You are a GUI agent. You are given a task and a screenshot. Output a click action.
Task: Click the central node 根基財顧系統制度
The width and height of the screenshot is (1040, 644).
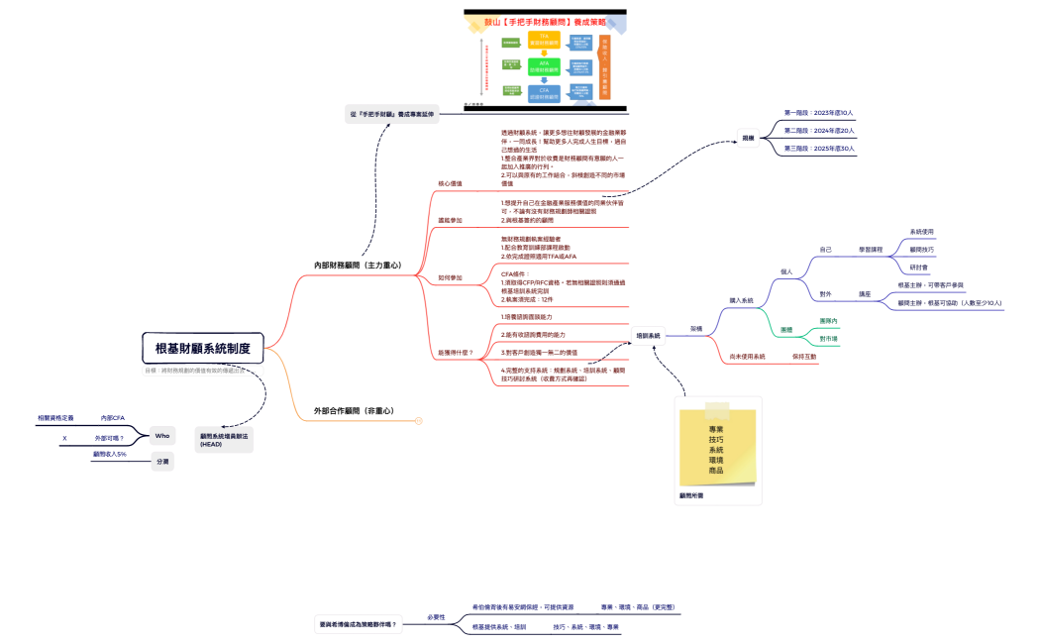pyautogui.click(x=202, y=348)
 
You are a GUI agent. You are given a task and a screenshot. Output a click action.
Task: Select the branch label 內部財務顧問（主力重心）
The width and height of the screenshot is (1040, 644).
pyautogui.click(x=358, y=266)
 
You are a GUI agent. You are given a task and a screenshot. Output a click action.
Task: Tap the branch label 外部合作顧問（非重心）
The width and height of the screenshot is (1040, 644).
pyautogui.click(x=354, y=410)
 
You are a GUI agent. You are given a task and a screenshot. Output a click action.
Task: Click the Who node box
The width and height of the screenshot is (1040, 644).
pyautogui.click(x=161, y=436)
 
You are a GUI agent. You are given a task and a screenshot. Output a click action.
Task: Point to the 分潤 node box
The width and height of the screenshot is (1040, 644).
pyautogui.click(x=161, y=461)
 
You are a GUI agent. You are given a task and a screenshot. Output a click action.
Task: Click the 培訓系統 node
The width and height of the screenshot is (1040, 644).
pyautogui.click(x=648, y=336)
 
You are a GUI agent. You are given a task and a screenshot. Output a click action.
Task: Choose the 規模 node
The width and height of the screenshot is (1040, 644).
pyautogui.click(x=749, y=138)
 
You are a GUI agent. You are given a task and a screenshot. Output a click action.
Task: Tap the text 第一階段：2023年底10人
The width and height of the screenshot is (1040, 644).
pyautogui.click(x=818, y=113)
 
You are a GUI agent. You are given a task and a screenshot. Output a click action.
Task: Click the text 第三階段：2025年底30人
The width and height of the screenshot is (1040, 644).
pyautogui.click(x=818, y=148)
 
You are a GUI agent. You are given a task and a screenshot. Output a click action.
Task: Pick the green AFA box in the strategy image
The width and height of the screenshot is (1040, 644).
pyautogui.click(x=544, y=65)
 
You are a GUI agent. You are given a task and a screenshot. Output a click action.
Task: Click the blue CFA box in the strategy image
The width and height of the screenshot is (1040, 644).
pyautogui.click(x=544, y=93)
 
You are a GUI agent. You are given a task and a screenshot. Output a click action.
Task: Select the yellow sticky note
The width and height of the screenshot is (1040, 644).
pyautogui.click(x=717, y=446)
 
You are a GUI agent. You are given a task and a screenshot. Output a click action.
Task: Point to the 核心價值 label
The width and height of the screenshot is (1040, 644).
pyautogui.click(x=450, y=183)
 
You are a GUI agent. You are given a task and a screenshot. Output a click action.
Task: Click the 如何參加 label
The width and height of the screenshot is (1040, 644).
pyautogui.click(x=450, y=278)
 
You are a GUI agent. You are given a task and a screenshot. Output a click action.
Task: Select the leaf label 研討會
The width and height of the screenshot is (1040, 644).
pyautogui.click(x=918, y=267)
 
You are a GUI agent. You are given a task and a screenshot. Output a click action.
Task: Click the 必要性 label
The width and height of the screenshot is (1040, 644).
pyautogui.click(x=436, y=616)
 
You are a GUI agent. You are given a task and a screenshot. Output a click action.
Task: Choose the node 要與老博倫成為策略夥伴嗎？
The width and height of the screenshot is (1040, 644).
pyautogui.click(x=358, y=624)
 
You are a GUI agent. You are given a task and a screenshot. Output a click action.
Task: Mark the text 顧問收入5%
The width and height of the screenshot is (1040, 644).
pyautogui.click(x=110, y=454)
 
